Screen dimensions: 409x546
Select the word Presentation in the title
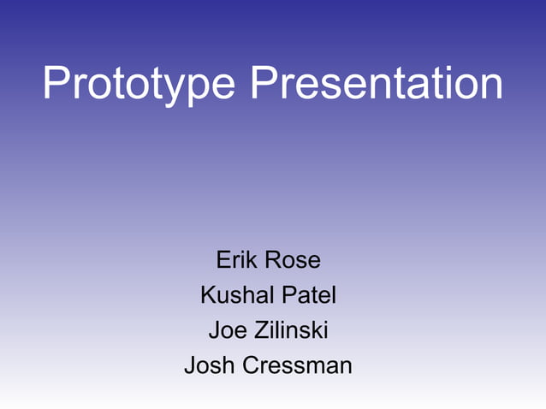tap(377, 84)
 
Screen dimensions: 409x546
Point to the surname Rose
tap(293, 259)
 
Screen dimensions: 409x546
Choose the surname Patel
tap(310, 295)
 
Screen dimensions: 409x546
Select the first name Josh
tap(211, 366)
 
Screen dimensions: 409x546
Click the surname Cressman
tap(298, 366)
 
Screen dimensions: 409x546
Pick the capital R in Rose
tap(273, 259)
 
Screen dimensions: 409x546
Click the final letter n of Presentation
tap(490, 87)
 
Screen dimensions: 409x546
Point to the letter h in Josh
tap(231, 365)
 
